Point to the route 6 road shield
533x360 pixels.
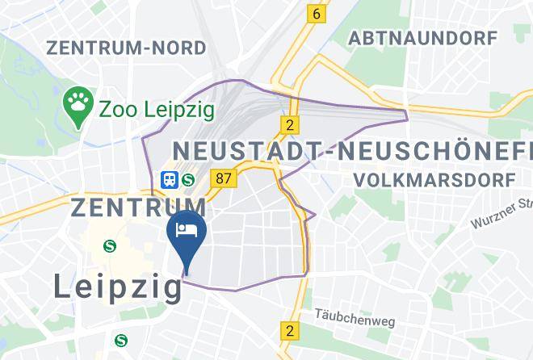[x=317, y=13]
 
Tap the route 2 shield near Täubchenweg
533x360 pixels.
[x=289, y=330]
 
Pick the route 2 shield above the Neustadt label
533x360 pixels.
[x=288, y=124]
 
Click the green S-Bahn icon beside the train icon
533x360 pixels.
[x=188, y=179]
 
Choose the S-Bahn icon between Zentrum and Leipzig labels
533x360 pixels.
[x=108, y=245]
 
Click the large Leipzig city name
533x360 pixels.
[x=118, y=286]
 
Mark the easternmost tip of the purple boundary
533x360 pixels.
[x=408, y=119]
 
